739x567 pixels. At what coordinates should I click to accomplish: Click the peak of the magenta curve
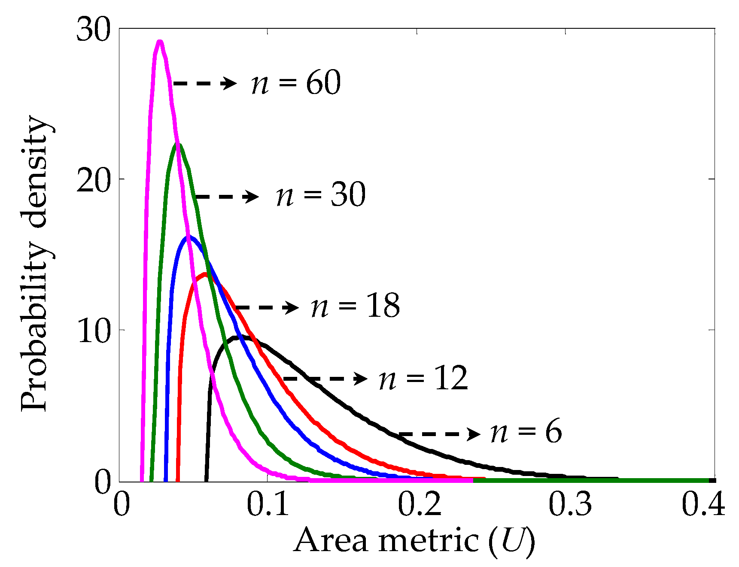[160, 42]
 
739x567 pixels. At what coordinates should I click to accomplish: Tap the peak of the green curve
[177, 145]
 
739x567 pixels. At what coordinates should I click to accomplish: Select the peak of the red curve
[205, 274]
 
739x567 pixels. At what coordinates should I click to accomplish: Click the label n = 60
[296, 83]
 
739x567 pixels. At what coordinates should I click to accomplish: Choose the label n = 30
[321, 195]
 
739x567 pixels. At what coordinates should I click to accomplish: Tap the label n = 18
[355, 306]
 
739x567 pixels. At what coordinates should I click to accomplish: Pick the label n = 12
[423, 379]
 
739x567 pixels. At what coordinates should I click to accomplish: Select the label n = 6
[526, 433]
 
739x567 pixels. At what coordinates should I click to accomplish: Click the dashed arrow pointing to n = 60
[205, 83]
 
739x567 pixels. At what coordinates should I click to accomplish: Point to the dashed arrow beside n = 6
[440, 434]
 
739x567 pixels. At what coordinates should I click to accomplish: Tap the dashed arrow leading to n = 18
[267, 307]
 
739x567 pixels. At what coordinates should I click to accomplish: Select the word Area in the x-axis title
[331, 540]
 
